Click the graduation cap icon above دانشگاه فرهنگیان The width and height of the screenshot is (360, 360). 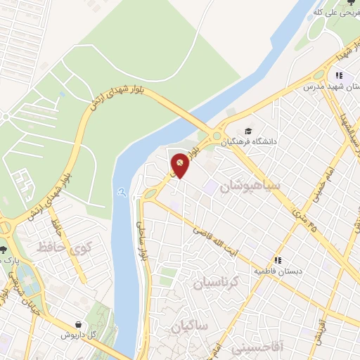click(x=247, y=131)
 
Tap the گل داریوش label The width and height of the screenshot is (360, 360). click(x=77, y=335)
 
